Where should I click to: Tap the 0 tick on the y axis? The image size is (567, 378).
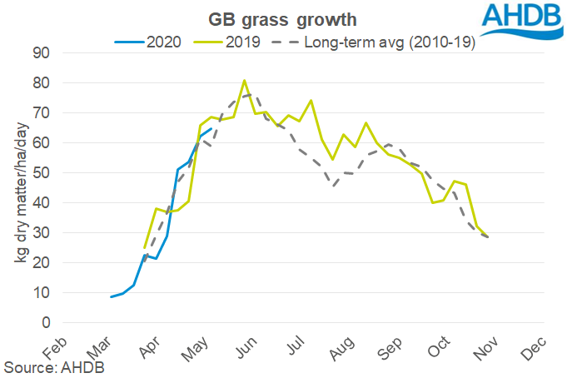47,323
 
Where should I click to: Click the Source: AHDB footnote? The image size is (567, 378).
52,366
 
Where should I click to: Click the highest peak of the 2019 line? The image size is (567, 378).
244,81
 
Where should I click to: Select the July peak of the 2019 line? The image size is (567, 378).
311,101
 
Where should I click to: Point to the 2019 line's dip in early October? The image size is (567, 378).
432,202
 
